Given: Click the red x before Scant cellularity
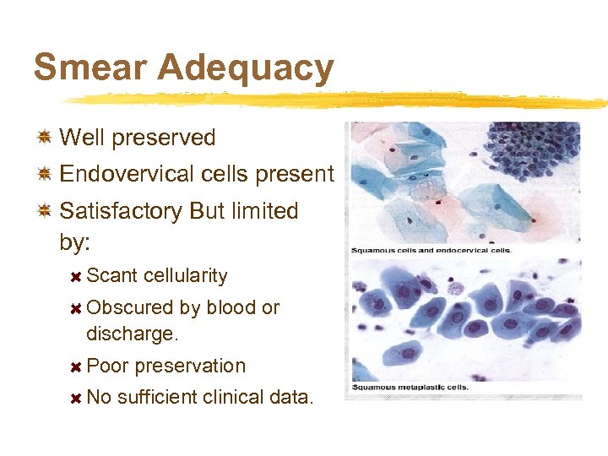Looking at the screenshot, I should click(75, 276).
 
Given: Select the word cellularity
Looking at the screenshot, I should click(185, 276).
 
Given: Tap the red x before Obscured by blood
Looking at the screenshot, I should click(75, 308).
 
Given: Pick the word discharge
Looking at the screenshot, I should click(132, 334).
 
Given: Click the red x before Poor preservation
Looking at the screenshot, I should click(75, 366).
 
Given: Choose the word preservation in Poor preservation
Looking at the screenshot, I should click(190, 366).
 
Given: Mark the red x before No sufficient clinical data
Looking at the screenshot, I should click(75, 398).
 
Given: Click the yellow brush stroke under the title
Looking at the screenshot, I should click(338, 100).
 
